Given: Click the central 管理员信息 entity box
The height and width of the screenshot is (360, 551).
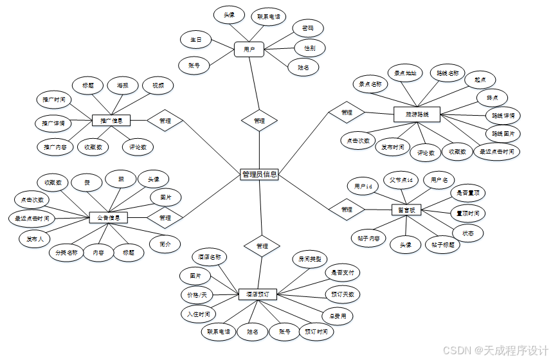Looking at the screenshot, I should pos(260,174).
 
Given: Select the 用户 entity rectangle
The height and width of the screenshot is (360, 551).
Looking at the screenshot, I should pos(249,49).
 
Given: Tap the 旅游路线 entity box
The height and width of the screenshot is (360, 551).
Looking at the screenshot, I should pos(416,114).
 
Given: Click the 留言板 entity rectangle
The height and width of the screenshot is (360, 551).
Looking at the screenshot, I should pos(406,210).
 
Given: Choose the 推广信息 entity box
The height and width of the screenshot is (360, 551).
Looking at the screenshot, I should pos(111,120).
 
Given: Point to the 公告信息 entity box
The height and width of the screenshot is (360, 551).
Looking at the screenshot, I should pos(108,218).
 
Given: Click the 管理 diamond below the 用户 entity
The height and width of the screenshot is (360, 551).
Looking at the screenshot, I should pos(259,120).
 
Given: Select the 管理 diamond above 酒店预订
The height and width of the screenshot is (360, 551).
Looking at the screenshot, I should pos(262,246).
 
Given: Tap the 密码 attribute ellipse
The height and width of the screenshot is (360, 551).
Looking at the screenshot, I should pos(307,28).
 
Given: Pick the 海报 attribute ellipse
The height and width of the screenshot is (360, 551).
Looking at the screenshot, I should pos(122,85).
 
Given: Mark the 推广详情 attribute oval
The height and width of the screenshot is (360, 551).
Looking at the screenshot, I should pos(53,123).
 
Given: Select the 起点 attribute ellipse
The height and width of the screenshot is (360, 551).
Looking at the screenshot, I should pos(479,79).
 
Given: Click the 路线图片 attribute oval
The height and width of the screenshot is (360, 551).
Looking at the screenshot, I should pos(503,134).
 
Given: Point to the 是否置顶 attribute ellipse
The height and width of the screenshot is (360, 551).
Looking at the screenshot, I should pos(467,192).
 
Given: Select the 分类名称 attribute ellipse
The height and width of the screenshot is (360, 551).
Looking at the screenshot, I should pos(67,253).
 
